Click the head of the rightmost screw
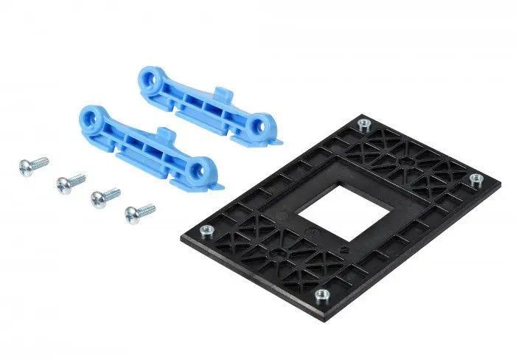(x=132, y=215)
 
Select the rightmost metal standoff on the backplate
(x=475, y=179)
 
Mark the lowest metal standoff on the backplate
(x=321, y=295)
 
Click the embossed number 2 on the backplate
(x=344, y=249)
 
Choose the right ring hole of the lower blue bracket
(x=197, y=171)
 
